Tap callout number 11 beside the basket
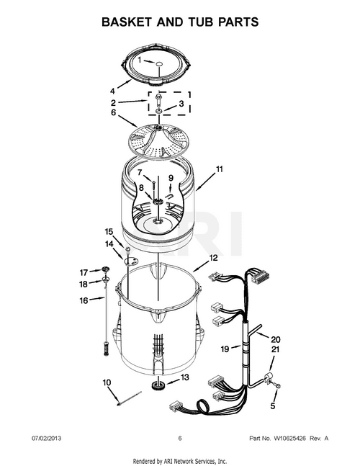[219, 169]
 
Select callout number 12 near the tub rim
[213, 257]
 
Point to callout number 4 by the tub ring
[112, 91]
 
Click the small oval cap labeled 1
[159, 63]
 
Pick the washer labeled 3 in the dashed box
[159, 111]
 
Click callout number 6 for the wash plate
[113, 112]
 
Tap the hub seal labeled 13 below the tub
[157, 386]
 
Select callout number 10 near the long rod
[107, 382]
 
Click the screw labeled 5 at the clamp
[278, 386]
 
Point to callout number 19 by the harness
[225, 349]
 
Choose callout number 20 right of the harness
[276, 339]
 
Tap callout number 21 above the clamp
[275, 349]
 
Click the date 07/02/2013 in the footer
[46, 439]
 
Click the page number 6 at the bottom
[180, 439]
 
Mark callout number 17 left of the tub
[84, 272]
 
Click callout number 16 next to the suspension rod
[84, 300]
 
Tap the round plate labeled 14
[130, 261]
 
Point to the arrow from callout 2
[132, 102]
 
